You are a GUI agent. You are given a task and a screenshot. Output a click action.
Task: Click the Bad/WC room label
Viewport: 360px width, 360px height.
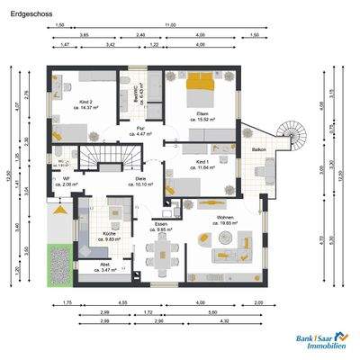[136, 91]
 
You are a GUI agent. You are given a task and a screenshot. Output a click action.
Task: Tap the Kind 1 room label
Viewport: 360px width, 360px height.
[204, 162]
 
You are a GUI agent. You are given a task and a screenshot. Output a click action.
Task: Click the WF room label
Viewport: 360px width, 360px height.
[66, 178]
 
